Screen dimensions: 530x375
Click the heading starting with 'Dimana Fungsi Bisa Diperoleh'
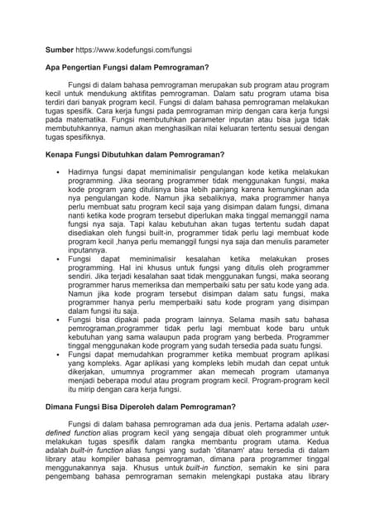[x=141, y=407]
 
